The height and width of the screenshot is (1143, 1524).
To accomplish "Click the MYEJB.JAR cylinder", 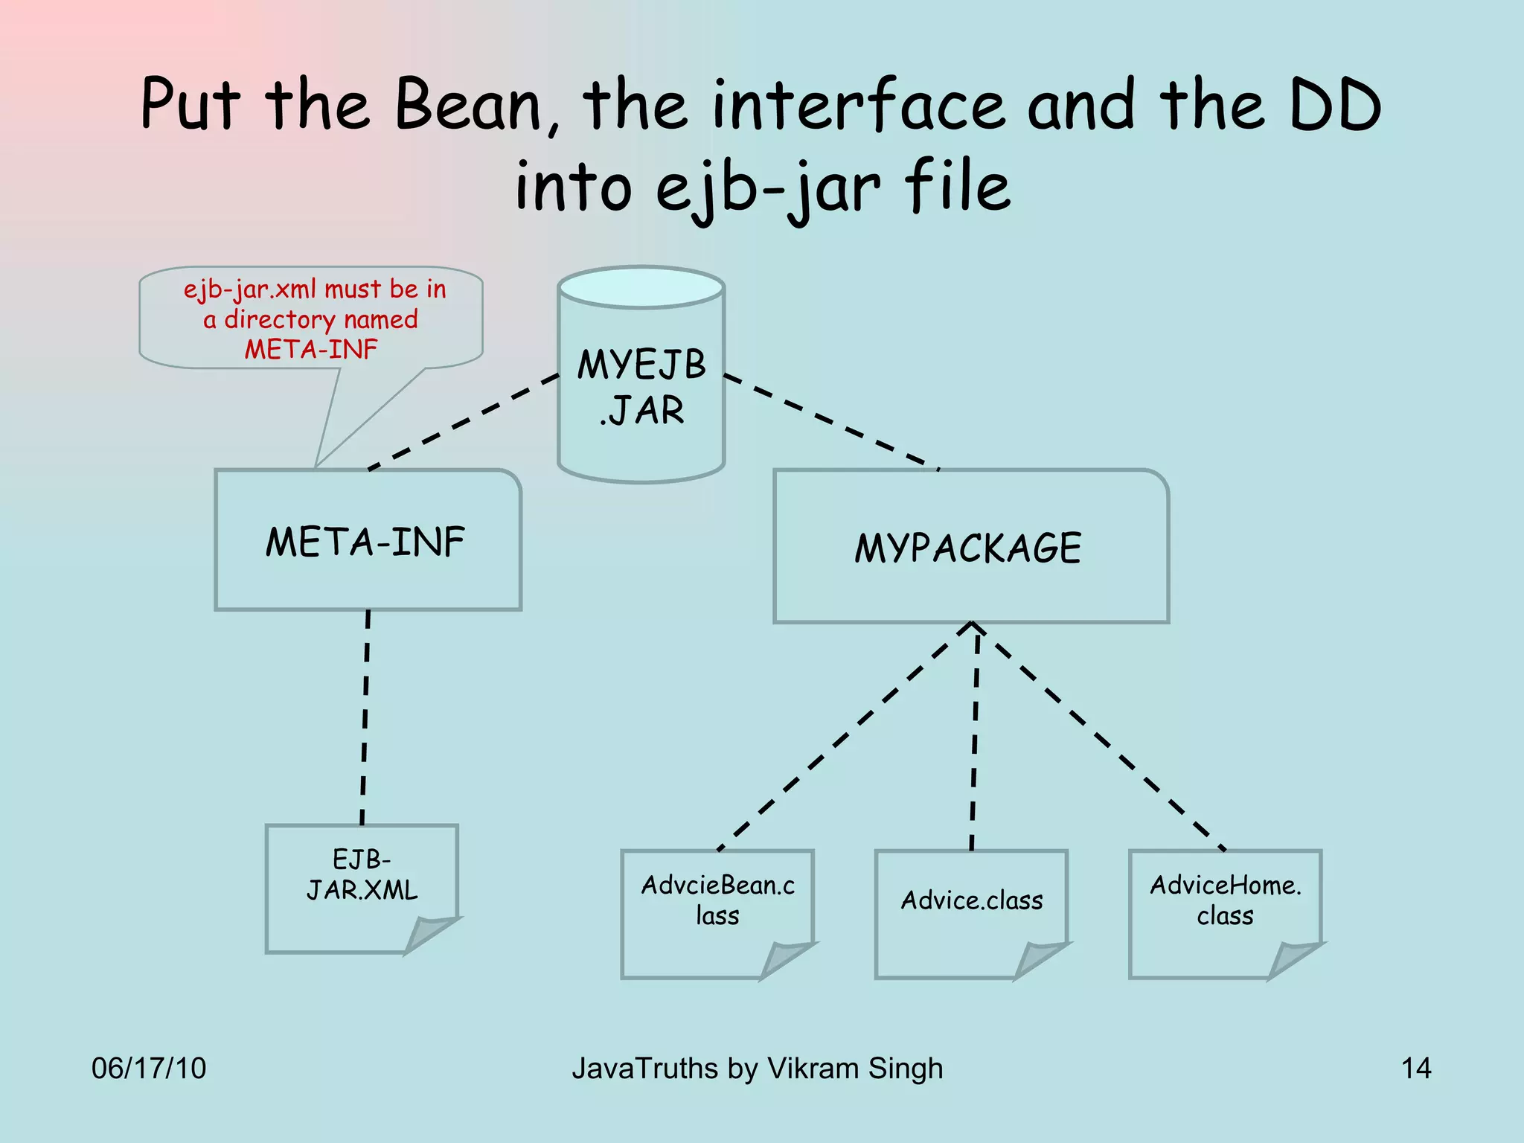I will tap(641, 387).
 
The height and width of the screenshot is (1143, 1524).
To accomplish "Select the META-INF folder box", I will tap(368, 541).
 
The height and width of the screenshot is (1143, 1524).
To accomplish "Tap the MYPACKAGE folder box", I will tap(970, 547).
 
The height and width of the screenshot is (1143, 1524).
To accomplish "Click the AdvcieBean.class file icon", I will tap(717, 913).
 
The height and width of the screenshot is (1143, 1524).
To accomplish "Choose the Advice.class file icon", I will tap(971, 913).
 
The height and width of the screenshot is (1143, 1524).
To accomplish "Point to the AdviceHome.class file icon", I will tap(1225, 913).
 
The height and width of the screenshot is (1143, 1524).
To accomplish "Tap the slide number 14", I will tap(1415, 1068).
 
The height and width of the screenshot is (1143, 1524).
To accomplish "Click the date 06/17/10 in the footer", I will tap(149, 1068).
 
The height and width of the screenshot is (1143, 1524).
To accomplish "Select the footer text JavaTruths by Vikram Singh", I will tap(757, 1068).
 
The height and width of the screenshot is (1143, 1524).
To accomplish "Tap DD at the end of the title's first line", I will tap(1335, 106).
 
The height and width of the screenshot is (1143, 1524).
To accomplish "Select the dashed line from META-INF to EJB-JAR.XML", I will tap(365, 718).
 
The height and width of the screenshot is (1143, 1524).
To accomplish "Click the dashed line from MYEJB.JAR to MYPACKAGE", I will tap(832, 422).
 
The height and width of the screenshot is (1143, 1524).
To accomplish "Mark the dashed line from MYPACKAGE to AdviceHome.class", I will tap(1100, 737).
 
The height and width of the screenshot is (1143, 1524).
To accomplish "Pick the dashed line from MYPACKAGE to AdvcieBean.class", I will tap(845, 737).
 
